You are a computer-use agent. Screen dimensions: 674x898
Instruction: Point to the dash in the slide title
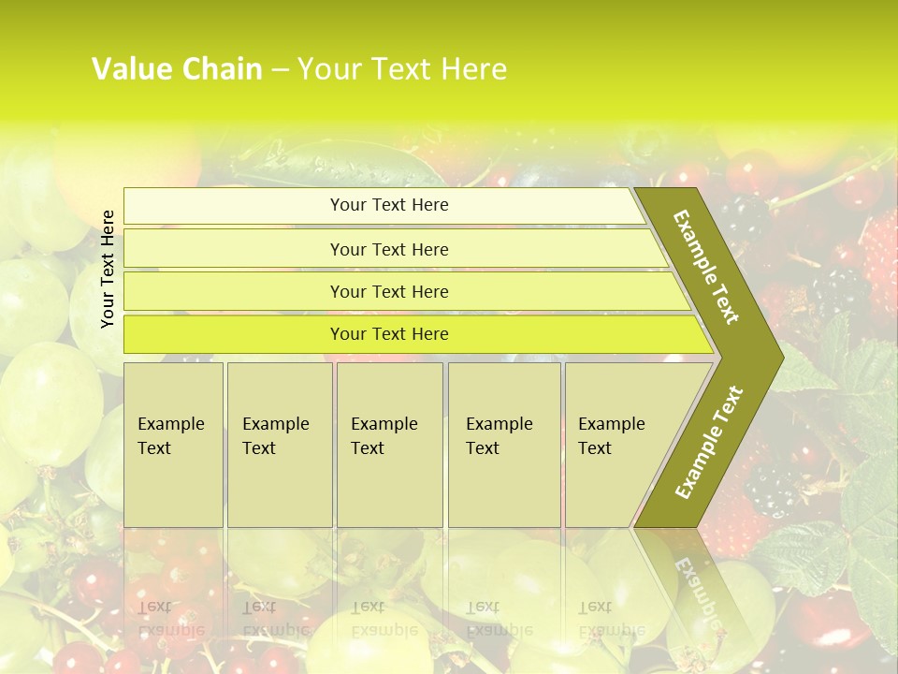tap(280, 69)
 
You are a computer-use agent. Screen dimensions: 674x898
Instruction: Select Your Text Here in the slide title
tap(402, 69)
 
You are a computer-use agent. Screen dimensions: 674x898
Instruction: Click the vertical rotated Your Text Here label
tap(108, 269)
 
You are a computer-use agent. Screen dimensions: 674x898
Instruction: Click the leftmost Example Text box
tap(173, 444)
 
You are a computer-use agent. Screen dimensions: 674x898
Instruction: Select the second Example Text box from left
tap(279, 444)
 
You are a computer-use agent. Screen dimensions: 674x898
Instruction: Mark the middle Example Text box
tap(389, 444)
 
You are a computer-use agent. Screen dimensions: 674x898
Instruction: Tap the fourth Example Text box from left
tap(503, 444)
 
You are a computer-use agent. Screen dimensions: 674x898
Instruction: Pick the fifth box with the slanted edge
tap(617, 444)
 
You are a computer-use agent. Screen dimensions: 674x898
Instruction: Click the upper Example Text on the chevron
tap(707, 267)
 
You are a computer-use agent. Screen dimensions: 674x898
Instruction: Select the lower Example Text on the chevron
tap(708, 443)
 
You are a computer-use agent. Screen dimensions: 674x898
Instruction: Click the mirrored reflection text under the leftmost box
tap(169, 618)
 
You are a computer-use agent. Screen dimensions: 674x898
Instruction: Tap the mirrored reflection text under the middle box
tap(384, 618)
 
